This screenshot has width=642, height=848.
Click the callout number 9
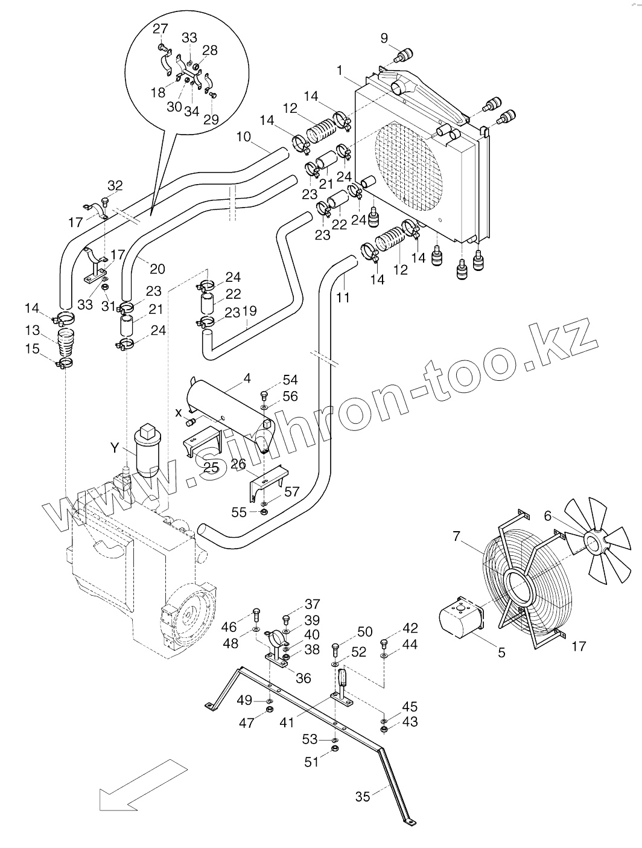coord(384,39)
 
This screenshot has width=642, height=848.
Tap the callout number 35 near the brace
coord(363,796)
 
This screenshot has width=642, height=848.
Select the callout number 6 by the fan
coord(547,516)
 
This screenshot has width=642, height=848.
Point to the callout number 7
coord(457,536)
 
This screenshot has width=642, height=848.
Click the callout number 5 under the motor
coord(502,652)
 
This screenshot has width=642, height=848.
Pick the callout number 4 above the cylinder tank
coord(247,380)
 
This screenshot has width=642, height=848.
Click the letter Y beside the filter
coord(115,448)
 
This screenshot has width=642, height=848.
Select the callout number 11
coord(343,298)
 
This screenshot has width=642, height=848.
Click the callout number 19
coord(249,311)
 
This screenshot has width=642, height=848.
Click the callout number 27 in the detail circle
coord(160,29)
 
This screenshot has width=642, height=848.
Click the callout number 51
coord(311,762)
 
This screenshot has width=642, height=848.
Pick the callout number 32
coord(115,185)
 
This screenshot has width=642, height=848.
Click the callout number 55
coord(239,512)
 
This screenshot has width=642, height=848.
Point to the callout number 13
coord(32,331)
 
